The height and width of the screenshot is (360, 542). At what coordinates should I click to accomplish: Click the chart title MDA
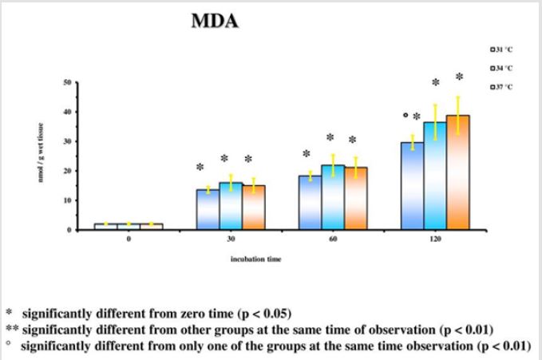tap(215, 22)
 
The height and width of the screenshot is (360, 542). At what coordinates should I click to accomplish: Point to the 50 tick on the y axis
tap(68, 82)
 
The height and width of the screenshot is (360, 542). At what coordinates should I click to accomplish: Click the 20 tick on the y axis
tap(68, 171)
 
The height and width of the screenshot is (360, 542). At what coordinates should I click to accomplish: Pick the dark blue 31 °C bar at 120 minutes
tap(412, 187)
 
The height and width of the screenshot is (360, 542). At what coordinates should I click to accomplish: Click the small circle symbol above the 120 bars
tap(406, 115)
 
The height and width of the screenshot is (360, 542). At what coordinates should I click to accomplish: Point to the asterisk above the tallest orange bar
tap(459, 77)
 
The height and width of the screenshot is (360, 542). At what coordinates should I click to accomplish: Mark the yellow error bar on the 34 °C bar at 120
tap(435, 122)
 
